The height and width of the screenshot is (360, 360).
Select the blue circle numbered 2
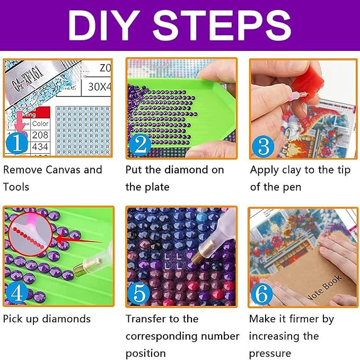(x=140, y=144)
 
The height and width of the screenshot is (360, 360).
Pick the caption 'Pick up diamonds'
(x=47, y=319)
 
